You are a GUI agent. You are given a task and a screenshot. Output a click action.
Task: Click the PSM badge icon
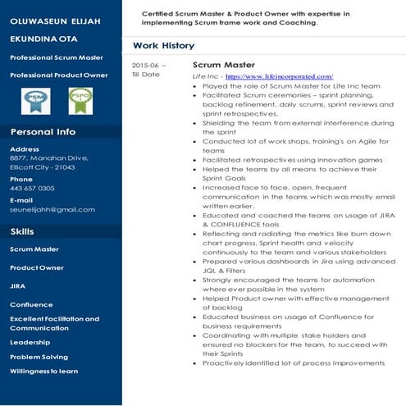[35, 100]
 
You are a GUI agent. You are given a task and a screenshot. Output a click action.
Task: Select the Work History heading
[163, 46]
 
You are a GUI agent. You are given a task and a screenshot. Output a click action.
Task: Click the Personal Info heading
[43, 132]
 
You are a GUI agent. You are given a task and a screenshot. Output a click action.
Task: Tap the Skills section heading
[22, 232]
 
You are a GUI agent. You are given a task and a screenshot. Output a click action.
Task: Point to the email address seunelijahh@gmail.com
[52, 210]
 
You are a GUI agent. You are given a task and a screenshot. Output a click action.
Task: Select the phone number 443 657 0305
[32, 189]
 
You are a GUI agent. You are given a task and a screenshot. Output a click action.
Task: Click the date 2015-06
[148, 65]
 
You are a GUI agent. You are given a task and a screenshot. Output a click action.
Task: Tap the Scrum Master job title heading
[223, 64]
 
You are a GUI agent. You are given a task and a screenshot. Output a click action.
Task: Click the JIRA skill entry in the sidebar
[17, 286]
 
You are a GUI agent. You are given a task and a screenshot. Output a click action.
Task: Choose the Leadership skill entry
[30, 342]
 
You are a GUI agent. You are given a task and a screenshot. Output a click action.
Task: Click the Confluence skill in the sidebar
[31, 304]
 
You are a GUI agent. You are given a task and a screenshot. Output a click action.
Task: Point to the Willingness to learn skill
[44, 372]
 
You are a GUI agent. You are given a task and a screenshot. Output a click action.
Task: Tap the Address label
[24, 149]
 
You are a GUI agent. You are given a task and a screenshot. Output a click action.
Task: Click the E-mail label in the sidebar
[21, 200]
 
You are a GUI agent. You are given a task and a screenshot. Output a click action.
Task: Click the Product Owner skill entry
[37, 268]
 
